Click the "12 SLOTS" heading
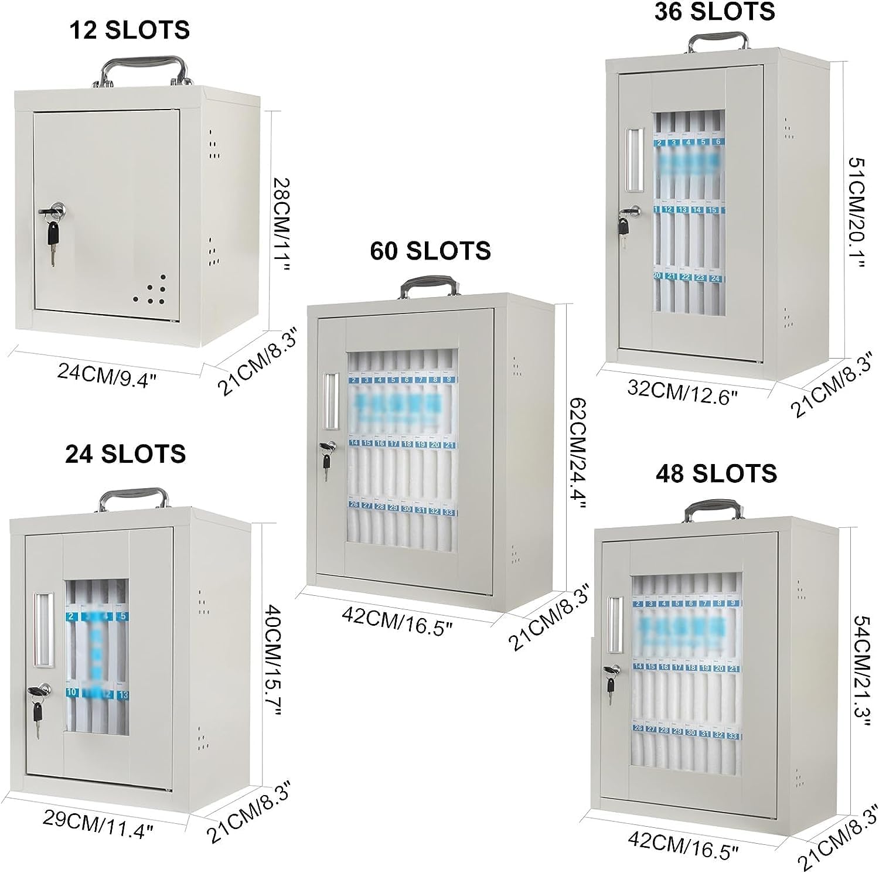click(x=130, y=30)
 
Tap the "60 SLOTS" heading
click(x=430, y=251)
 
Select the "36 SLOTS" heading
click(x=714, y=11)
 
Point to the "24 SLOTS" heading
click(x=125, y=453)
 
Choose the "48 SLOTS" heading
click(x=716, y=473)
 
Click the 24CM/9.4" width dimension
click(x=107, y=372)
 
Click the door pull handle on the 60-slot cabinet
click(x=329, y=400)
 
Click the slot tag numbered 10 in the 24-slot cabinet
click(x=72, y=692)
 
